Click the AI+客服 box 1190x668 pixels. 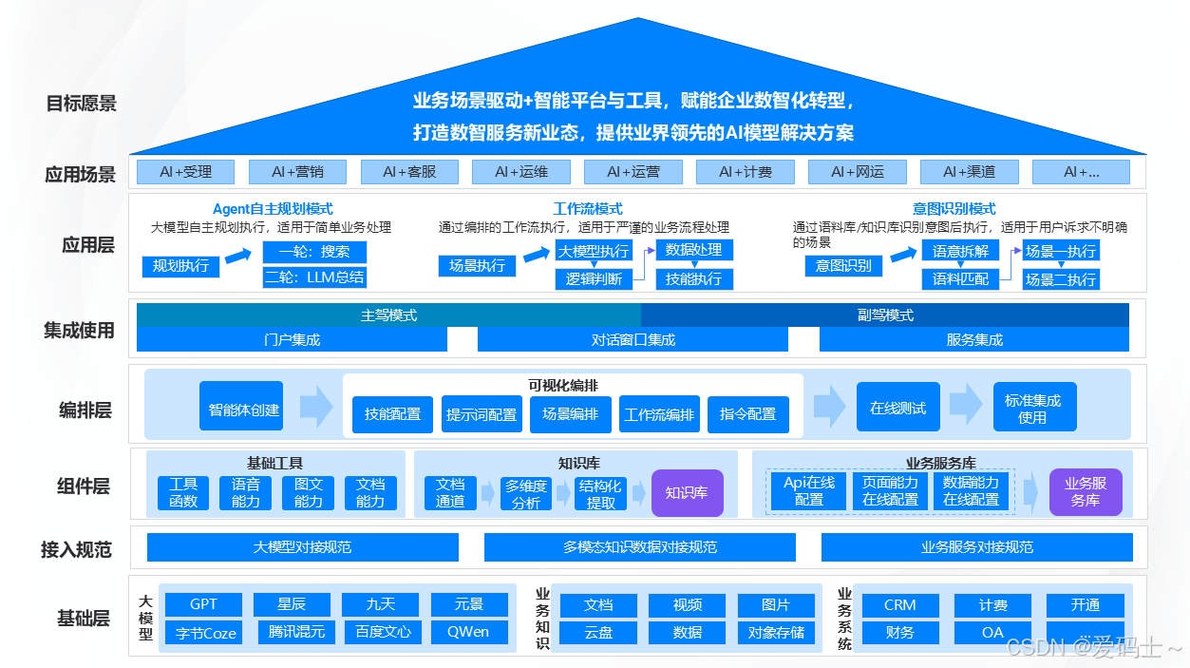(409, 172)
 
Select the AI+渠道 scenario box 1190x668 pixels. (969, 172)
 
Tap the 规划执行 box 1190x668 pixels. (180, 266)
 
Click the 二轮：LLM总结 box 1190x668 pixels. (314, 277)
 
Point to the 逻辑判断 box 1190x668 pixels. (594, 278)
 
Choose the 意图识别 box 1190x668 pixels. (843, 266)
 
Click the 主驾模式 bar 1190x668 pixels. (388, 315)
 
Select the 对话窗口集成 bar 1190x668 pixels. (633, 339)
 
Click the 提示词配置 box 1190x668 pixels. (482, 414)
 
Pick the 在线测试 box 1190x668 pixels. (897, 409)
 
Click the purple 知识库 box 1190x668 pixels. (687, 493)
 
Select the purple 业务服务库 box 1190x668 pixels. (1086, 492)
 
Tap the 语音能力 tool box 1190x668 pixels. (246, 493)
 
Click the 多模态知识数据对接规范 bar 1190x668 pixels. (639, 547)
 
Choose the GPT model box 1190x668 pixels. (203, 604)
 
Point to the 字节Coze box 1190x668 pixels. (203, 632)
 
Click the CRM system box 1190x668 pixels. (899, 604)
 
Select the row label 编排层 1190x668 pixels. (85, 410)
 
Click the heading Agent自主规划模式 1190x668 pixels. (273, 209)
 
